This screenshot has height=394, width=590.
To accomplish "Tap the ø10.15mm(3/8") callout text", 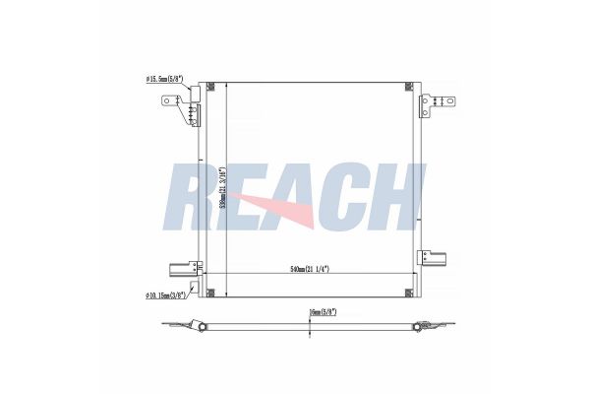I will point(163,294).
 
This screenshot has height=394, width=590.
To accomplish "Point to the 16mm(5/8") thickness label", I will point(322,313).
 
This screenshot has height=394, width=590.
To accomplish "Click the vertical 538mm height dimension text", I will point(224,187).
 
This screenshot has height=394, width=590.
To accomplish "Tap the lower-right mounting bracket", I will point(432,257).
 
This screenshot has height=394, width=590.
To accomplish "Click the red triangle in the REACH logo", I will point(285,209).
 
